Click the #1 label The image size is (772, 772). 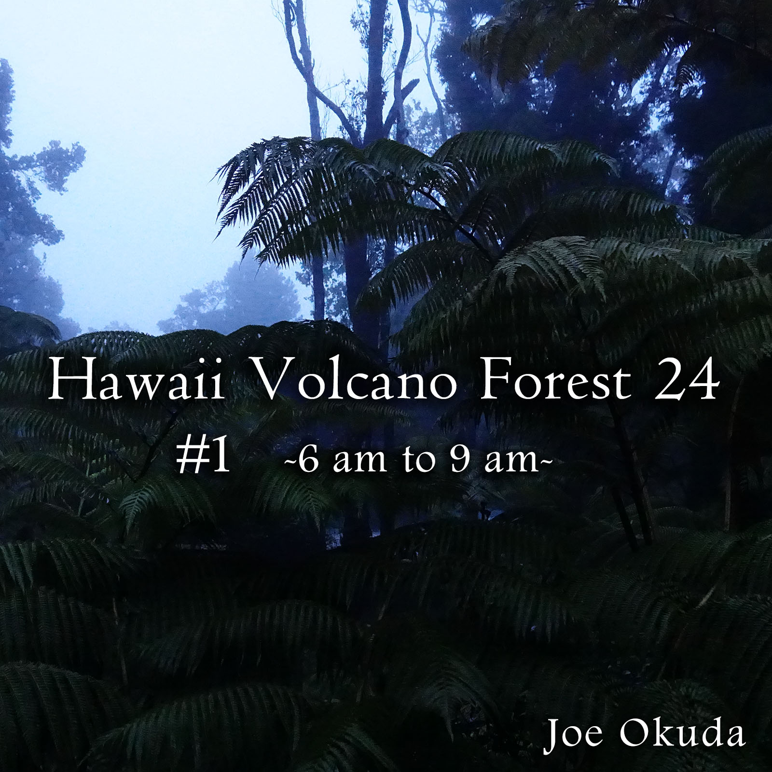[x=203, y=457]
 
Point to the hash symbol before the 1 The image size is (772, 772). [x=189, y=457]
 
